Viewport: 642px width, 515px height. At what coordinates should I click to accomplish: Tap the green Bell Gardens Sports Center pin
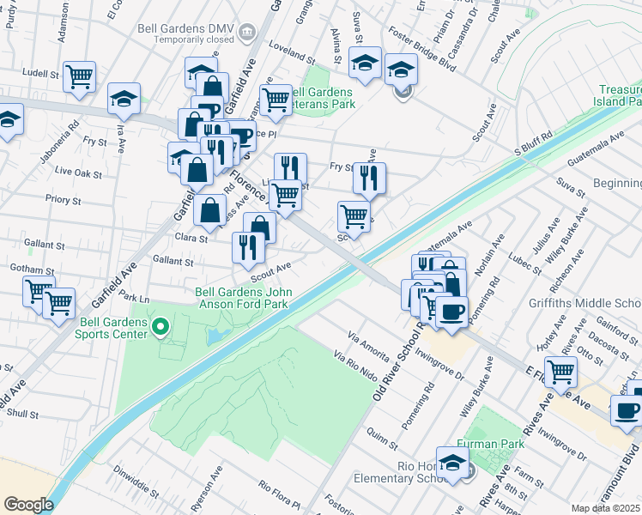tap(160, 327)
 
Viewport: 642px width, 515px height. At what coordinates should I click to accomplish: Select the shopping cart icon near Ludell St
tap(79, 76)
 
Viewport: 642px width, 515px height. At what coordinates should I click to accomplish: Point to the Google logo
tap(28, 505)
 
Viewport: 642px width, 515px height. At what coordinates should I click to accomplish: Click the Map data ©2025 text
tap(606, 508)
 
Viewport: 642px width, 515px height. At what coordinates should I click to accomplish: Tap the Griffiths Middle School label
tap(597, 303)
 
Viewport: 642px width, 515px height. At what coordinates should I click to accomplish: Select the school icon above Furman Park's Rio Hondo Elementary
tap(452, 462)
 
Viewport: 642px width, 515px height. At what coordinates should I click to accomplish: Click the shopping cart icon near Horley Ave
tap(560, 371)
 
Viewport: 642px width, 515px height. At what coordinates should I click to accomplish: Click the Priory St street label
tap(64, 201)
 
